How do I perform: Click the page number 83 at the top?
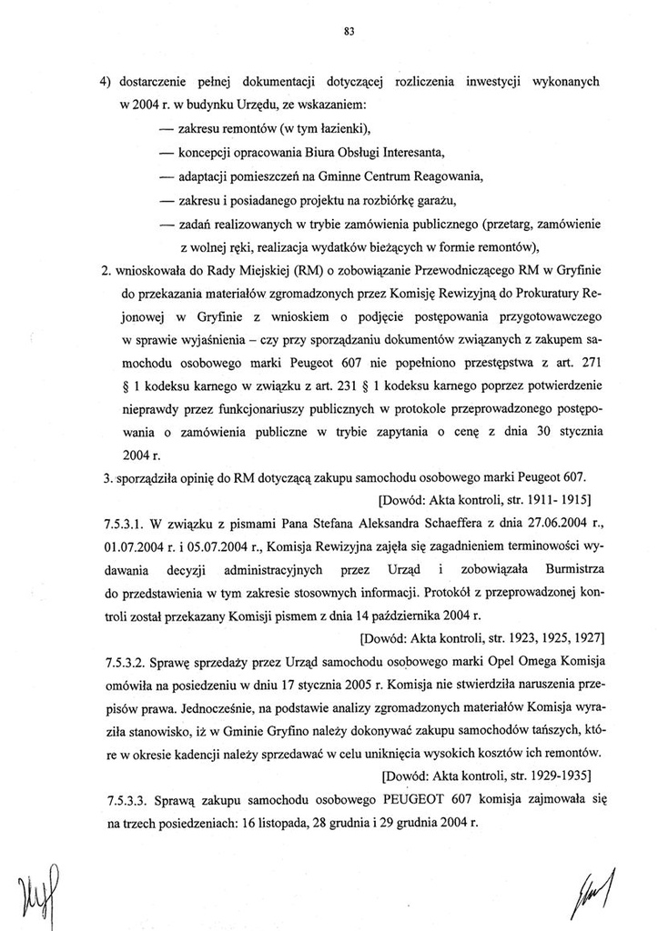click(x=349, y=31)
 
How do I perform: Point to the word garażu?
click(x=433, y=199)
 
